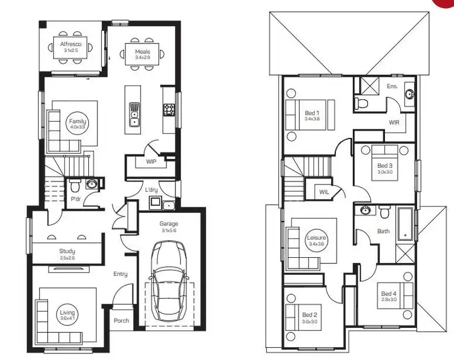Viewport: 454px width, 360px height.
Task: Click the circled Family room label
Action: coord(77,125)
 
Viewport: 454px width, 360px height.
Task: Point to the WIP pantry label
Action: coord(151,162)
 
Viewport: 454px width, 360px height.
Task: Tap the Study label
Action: coord(67,250)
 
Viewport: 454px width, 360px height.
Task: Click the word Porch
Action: coord(121,321)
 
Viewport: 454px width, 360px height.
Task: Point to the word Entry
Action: coord(120,274)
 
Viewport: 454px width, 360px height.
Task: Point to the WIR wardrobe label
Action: coord(393,122)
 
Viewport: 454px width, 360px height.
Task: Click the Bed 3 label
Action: coord(385,165)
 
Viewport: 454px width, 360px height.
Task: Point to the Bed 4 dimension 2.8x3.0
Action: coord(389,299)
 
